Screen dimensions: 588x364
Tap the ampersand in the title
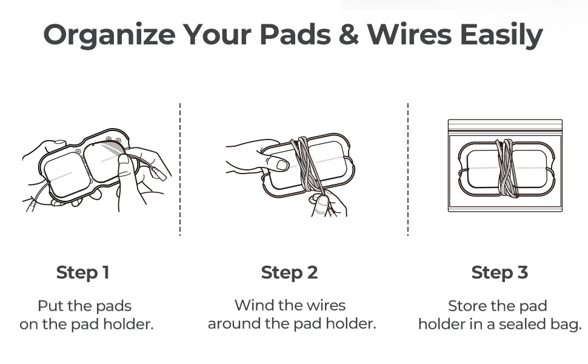[x=349, y=35]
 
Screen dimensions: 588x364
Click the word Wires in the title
[x=410, y=35]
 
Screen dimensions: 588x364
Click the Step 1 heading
[x=83, y=273]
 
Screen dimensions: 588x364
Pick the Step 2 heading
[x=290, y=273]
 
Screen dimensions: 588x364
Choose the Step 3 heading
[x=499, y=273]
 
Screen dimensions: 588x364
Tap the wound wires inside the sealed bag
[x=507, y=168]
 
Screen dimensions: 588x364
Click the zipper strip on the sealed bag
[x=505, y=126]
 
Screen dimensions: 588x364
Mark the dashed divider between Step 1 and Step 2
[x=180, y=170]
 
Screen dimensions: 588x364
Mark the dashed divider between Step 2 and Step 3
[x=407, y=170]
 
